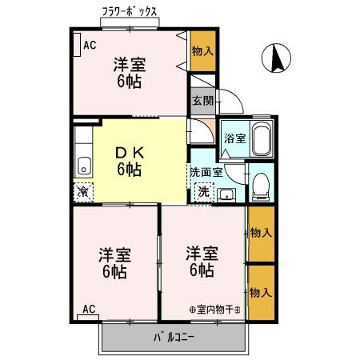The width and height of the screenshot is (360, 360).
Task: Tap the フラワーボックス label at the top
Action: point(129,12)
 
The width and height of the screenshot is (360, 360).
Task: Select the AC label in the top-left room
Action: point(90,44)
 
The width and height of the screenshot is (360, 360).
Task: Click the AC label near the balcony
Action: point(89,309)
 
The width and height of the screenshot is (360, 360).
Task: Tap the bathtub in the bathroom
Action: point(262,140)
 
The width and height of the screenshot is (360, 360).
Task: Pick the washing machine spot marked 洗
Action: point(203,192)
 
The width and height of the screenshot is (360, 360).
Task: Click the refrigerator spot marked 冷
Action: point(82,192)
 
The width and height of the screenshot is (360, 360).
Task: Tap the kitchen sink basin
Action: point(83,166)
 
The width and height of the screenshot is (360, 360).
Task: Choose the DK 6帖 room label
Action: point(130,159)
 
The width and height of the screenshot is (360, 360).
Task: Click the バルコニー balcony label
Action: point(174,337)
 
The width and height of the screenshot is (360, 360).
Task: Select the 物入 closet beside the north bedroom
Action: point(202,50)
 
